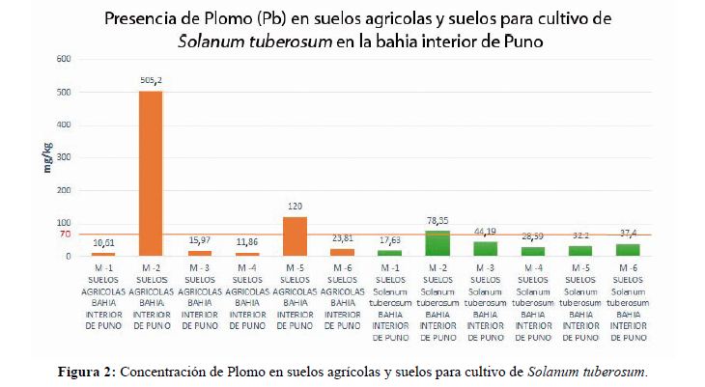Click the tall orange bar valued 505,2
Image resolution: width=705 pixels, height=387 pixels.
(x=151, y=174)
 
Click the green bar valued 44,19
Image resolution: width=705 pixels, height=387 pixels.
(x=485, y=249)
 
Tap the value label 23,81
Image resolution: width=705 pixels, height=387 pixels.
(x=343, y=237)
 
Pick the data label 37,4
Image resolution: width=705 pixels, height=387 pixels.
(x=629, y=233)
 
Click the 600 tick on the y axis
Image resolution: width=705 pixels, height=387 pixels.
(x=64, y=59)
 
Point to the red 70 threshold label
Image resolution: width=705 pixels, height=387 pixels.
(x=65, y=235)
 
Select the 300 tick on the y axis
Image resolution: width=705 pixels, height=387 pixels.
(x=64, y=157)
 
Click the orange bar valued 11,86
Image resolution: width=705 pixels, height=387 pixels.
(x=246, y=255)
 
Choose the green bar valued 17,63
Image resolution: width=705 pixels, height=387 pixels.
(x=389, y=253)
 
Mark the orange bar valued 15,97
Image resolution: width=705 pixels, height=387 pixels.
(x=199, y=254)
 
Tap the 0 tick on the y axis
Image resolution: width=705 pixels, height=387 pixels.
(x=69, y=257)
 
